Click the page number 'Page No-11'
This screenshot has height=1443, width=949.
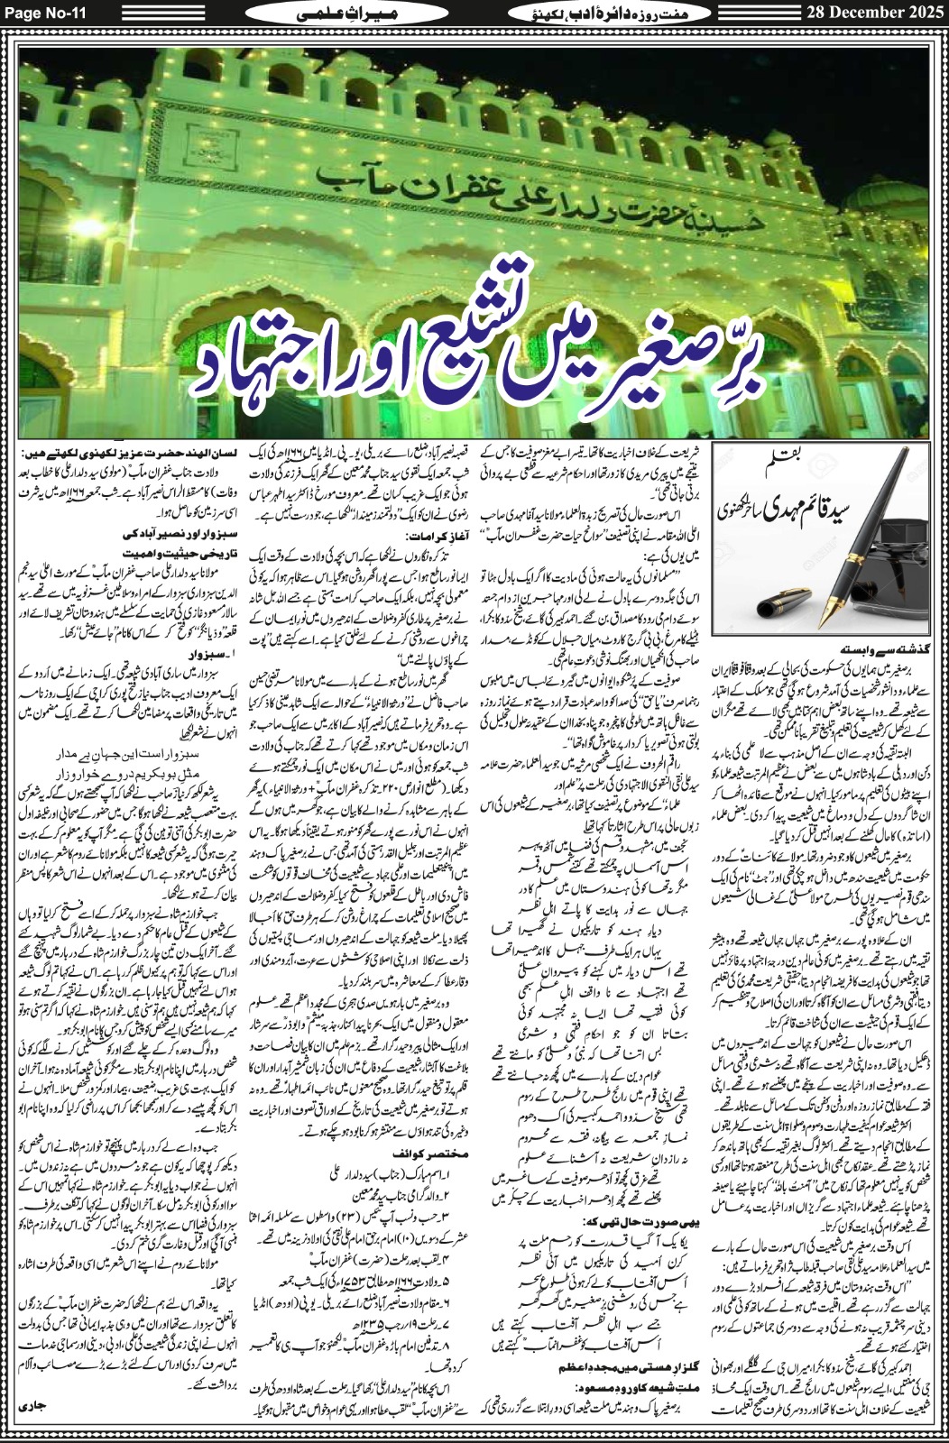42,12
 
